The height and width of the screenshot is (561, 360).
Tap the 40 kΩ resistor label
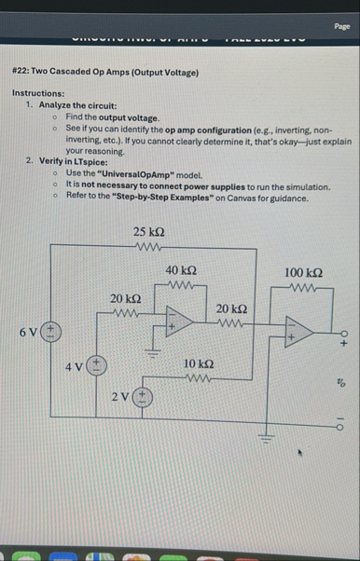[x=179, y=268]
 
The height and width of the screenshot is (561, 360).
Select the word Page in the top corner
[x=341, y=27]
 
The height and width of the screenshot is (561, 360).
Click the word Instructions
[x=38, y=94]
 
